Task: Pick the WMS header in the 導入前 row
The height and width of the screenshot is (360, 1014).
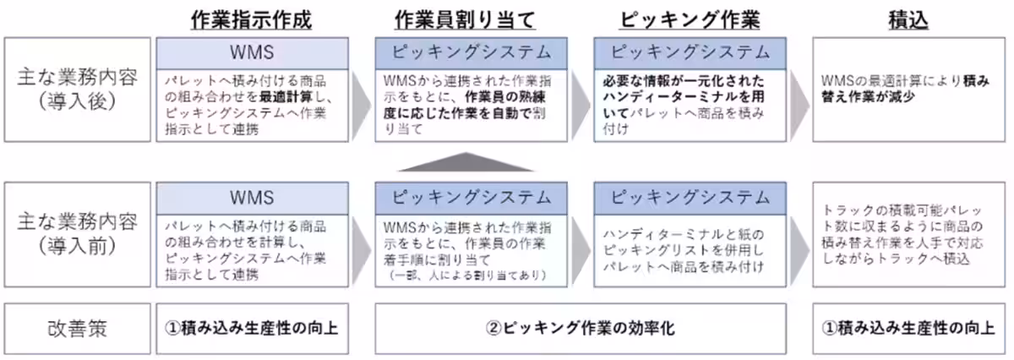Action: pyautogui.click(x=253, y=198)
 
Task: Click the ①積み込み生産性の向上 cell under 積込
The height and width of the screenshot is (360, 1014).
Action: pyautogui.click(x=908, y=326)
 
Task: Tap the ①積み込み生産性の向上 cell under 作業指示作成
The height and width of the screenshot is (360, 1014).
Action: pyautogui.click(x=253, y=326)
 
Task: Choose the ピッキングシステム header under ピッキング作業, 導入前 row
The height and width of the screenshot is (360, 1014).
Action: pyautogui.click(x=690, y=198)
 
